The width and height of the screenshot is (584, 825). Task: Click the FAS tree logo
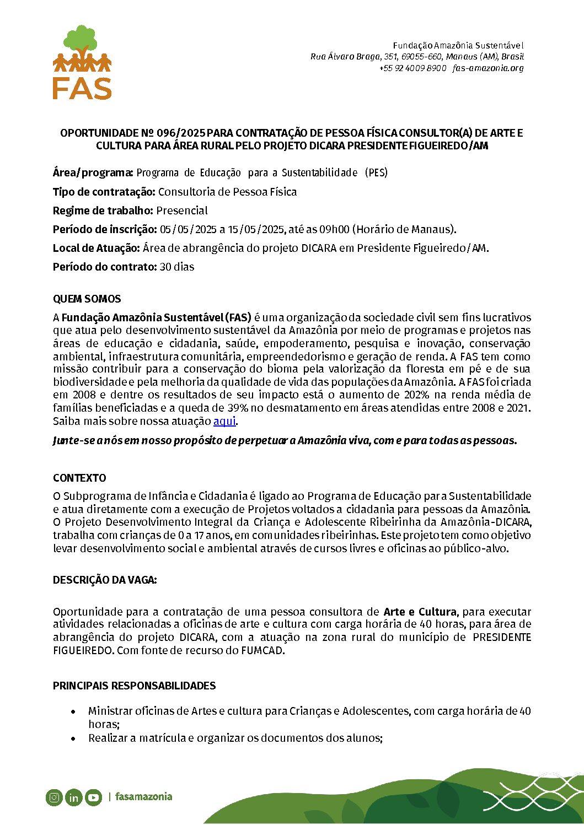click(82, 62)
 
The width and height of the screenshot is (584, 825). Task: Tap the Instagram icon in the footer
click(54, 797)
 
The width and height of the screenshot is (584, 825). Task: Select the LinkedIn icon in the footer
click(73, 797)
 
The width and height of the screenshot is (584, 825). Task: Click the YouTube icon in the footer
click(93, 797)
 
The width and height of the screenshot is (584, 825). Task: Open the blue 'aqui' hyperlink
click(224, 421)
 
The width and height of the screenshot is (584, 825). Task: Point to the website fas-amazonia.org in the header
click(487, 68)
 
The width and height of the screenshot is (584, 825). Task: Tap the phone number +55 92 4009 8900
click(412, 68)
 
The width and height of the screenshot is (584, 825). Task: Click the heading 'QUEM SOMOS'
click(87, 299)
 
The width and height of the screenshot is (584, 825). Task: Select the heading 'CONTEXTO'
click(79, 478)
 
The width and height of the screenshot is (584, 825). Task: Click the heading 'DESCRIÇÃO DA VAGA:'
click(105, 580)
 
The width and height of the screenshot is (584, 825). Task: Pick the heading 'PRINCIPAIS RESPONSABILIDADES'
click(134, 686)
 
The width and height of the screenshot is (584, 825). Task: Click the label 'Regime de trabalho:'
click(103, 211)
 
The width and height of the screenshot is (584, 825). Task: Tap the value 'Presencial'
click(182, 211)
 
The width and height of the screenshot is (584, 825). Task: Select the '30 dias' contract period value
click(176, 267)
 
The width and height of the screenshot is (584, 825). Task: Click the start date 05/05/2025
click(188, 229)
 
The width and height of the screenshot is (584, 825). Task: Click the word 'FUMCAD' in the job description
click(262, 650)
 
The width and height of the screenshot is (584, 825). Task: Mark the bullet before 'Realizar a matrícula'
click(73, 738)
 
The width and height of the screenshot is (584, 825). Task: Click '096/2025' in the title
click(181, 133)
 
